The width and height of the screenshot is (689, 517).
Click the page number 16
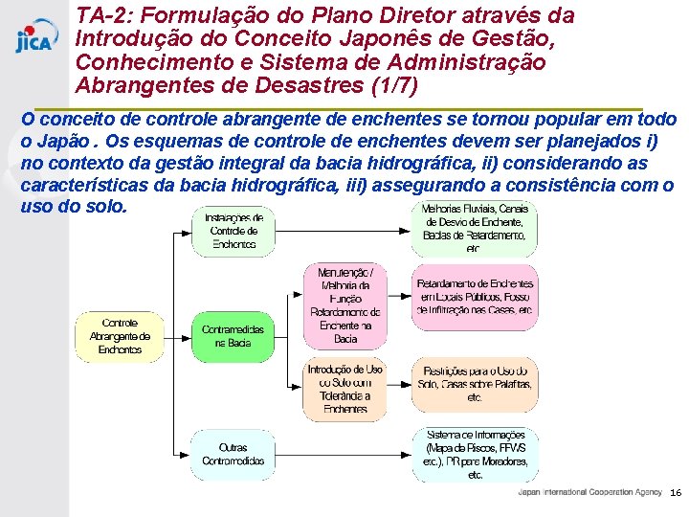[676, 492]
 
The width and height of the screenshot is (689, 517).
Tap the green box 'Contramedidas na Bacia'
[233, 336]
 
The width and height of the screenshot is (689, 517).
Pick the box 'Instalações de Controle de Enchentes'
[233, 231]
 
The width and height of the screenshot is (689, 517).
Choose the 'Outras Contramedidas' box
[233, 454]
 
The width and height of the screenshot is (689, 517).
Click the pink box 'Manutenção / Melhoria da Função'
[345, 305]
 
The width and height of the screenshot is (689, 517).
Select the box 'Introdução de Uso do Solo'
[345, 389]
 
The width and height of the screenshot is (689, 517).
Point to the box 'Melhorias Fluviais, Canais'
[474, 228]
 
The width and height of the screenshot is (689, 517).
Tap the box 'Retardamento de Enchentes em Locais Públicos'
[474, 297]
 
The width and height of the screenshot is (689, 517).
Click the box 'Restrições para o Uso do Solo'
[474, 383]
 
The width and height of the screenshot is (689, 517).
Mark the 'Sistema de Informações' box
[476, 454]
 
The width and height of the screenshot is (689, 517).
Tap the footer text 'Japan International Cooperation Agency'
[589, 492]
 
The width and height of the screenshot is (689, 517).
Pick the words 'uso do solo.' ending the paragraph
[73, 206]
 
